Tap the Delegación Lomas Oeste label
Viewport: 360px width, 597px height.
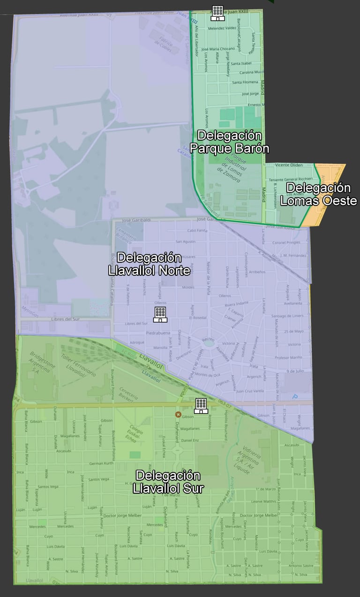coord(318,195)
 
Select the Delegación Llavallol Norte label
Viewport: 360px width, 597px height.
coord(149,264)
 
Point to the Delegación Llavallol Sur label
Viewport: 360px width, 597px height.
coord(168,482)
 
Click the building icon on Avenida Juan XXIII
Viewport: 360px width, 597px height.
coord(217,13)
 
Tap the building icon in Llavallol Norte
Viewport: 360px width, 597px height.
coord(160,314)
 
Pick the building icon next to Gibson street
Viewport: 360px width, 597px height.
coord(201,406)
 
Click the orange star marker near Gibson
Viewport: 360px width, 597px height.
coord(178,414)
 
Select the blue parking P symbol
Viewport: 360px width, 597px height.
coord(295,397)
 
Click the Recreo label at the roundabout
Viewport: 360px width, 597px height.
coord(208,339)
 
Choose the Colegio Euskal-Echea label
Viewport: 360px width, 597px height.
coord(132,434)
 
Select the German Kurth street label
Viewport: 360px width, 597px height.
coord(101,463)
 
